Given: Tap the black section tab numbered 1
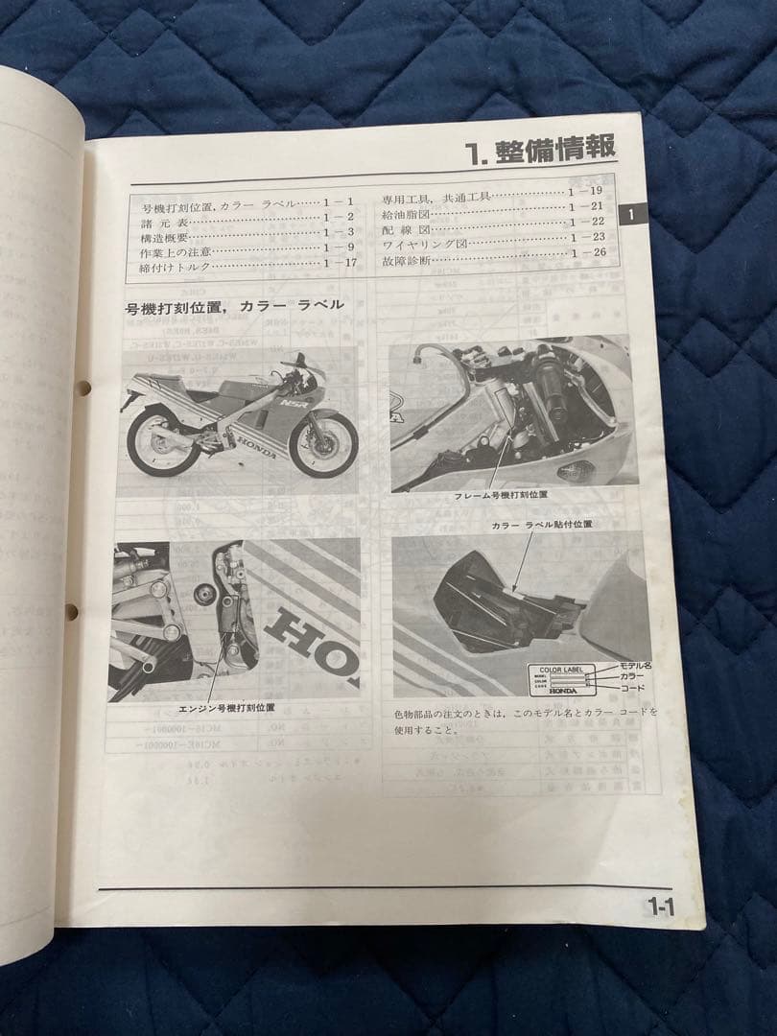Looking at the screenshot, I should coord(631,215).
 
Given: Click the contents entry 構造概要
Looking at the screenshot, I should coord(164,234).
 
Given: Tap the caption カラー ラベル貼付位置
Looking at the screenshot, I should coord(541,525).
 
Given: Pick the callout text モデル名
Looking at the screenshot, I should coord(636,665).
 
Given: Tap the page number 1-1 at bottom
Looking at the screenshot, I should coord(661,905).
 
